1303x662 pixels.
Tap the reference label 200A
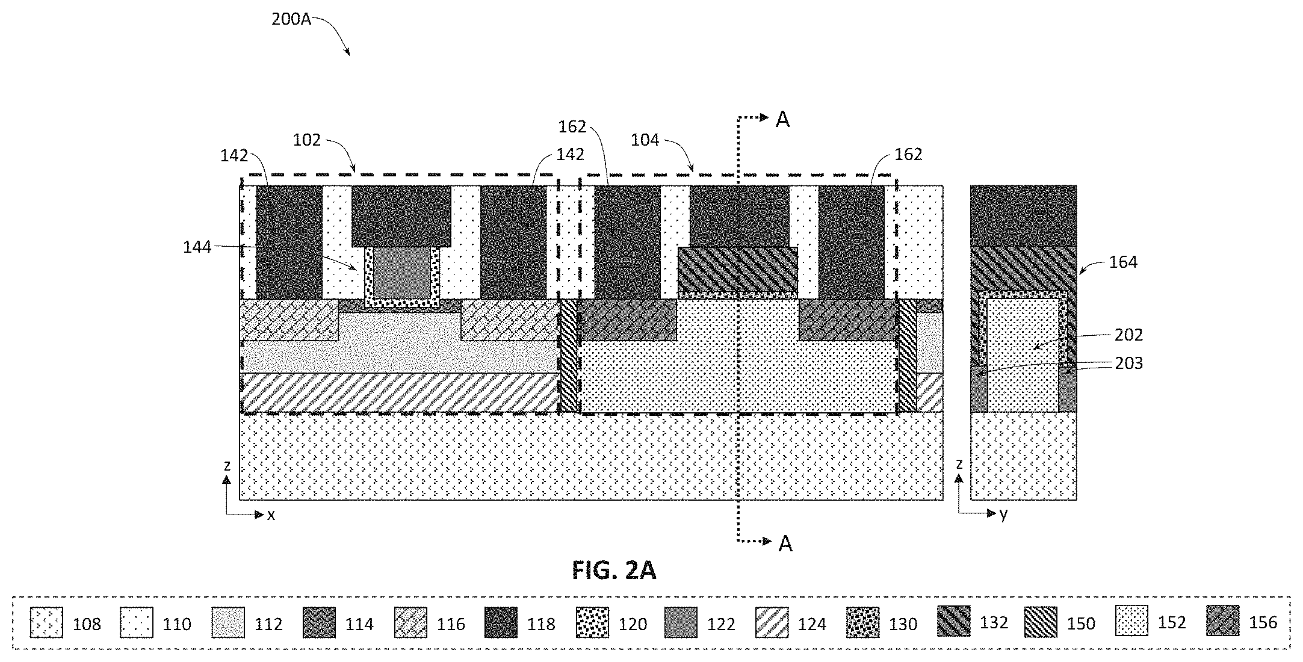pos(291,19)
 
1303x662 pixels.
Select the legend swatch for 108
pos(46,623)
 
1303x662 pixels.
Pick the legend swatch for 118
pos(501,623)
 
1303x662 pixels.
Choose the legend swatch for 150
pos(1041,623)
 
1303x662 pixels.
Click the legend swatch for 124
pos(772,623)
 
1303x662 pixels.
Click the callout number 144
pos(197,247)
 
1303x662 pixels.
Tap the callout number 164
pos(1123,262)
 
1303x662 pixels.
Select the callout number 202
pos(1129,335)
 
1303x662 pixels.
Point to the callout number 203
pos(1129,363)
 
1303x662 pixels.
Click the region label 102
pos(307,140)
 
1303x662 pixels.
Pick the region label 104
pos(645,140)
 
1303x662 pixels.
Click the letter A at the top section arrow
pos(782,120)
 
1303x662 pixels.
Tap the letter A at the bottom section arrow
pos(785,543)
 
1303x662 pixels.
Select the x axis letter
pos(271,515)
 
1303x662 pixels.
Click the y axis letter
pos(1003,515)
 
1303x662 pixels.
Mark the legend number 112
pos(268,624)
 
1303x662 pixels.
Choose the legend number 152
pos(1172,623)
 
